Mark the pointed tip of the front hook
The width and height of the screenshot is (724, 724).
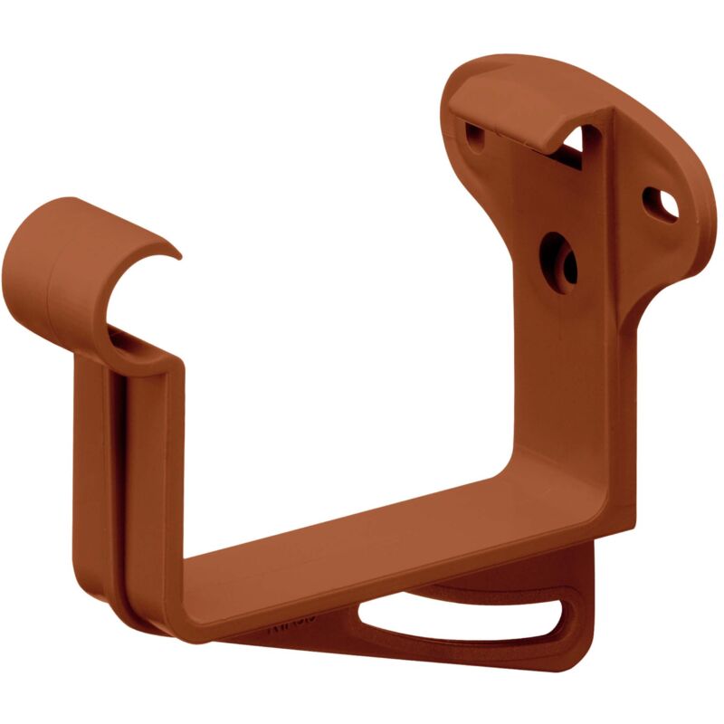177,257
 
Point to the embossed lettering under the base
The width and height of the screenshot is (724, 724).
290,624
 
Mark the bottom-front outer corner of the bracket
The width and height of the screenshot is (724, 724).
181,633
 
